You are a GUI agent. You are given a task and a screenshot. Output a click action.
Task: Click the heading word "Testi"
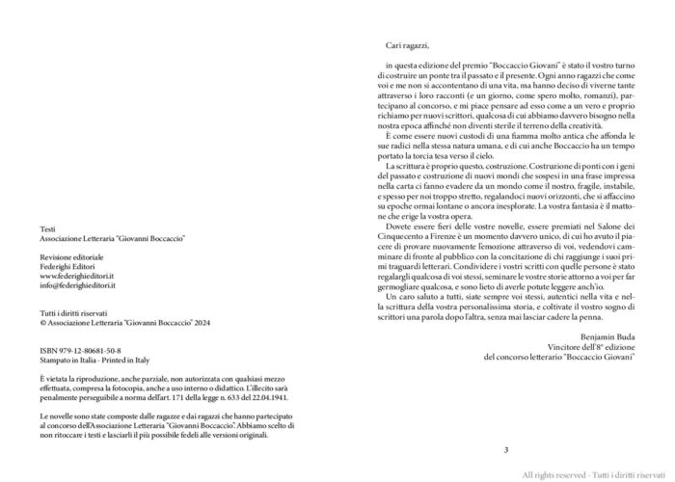point(48,228)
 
